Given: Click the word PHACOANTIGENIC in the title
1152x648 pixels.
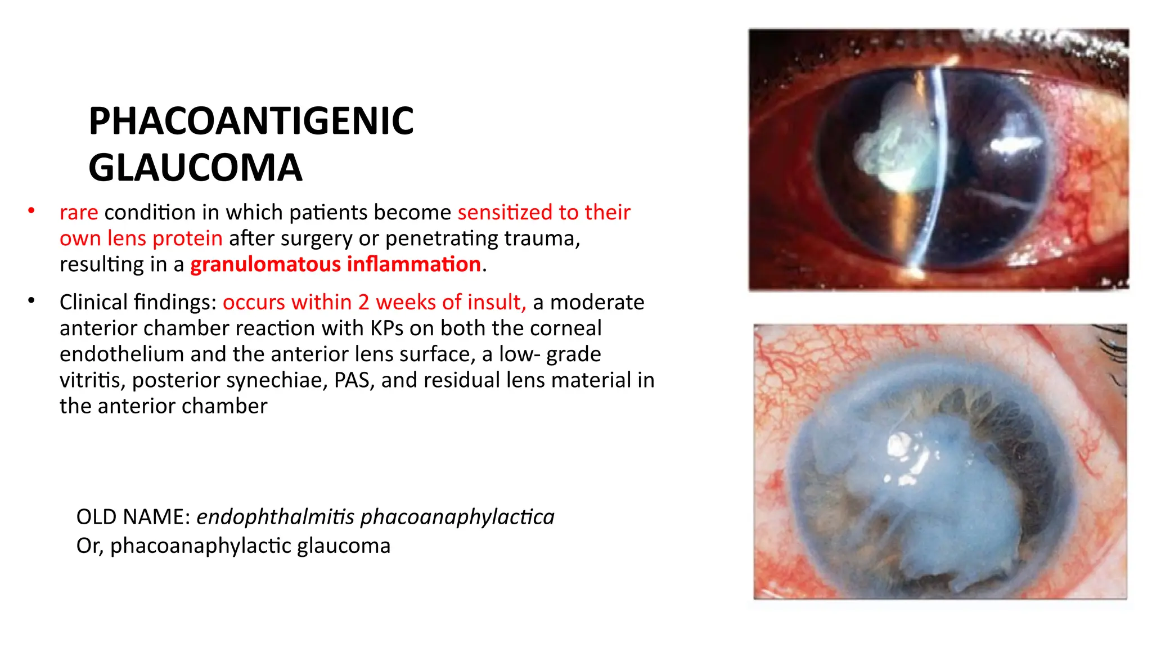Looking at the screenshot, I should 251,121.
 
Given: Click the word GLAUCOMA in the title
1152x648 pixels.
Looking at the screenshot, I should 195,168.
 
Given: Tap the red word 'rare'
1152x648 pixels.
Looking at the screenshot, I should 79,213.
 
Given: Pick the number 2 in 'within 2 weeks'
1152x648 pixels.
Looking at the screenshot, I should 364,303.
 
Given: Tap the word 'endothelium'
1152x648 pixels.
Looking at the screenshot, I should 121,354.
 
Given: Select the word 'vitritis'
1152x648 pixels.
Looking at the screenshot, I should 92,380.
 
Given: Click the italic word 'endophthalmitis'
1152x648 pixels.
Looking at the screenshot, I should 275,517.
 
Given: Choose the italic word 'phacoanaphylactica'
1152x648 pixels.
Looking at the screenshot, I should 457,517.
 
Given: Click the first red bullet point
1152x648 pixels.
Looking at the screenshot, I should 31,211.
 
